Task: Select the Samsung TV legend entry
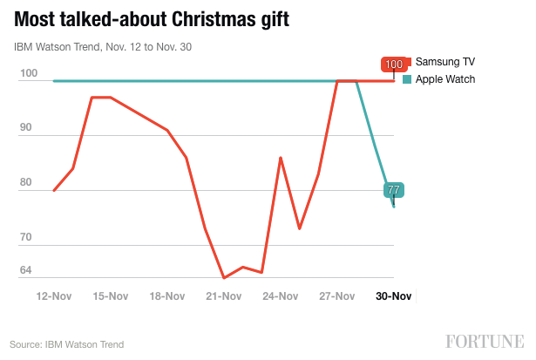[x=444, y=62]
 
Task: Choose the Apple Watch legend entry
[x=444, y=79]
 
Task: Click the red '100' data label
[x=394, y=65]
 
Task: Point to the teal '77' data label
[x=393, y=190]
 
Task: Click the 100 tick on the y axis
[x=28, y=74]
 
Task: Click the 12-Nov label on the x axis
[x=54, y=296]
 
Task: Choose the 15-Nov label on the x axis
[x=111, y=296]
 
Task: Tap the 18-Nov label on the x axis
[x=167, y=296]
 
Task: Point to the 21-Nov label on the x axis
[x=224, y=296]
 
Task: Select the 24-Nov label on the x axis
[x=281, y=296]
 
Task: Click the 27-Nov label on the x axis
[x=337, y=296]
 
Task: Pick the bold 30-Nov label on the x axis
[x=393, y=296]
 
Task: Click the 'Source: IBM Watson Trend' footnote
[x=67, y=344]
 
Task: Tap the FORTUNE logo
[x=485, y=341]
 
